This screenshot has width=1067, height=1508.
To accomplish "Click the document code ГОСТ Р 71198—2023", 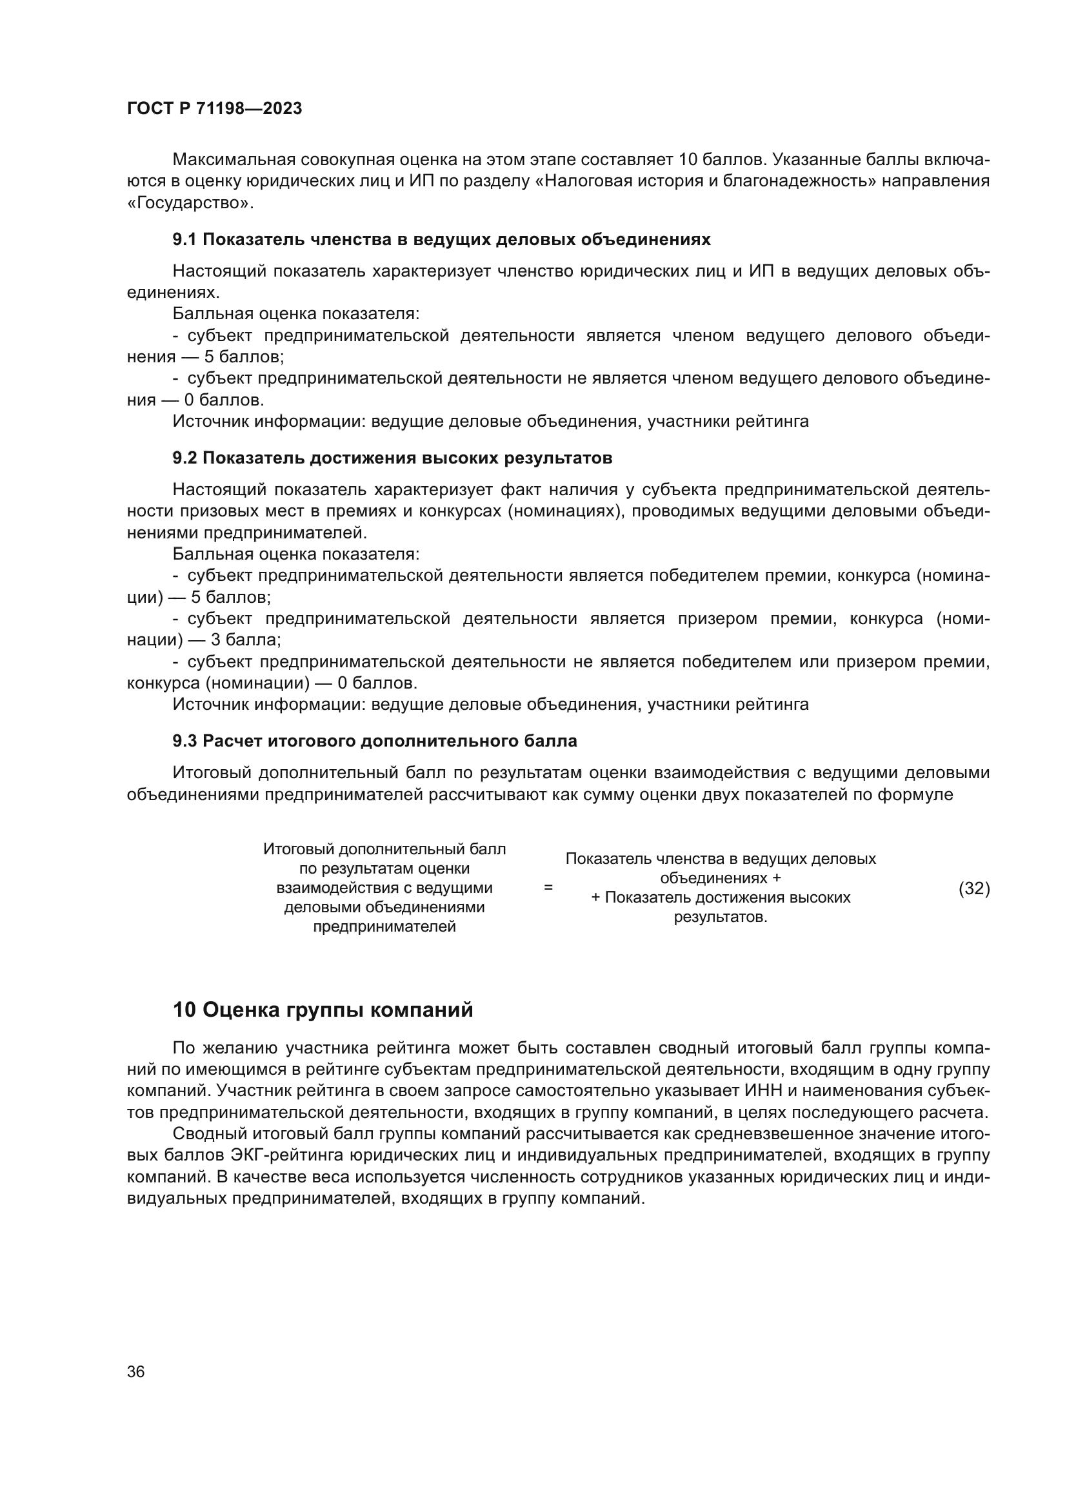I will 214,109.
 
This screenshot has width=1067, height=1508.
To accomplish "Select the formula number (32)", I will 973,888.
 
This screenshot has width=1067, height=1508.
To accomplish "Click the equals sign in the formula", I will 548,887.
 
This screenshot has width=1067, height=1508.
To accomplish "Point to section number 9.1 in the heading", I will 184,240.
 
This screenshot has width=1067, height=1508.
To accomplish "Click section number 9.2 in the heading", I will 184,458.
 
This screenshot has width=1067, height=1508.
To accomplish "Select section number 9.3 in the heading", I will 184,741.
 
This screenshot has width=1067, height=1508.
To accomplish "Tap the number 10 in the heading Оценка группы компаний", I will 184,1010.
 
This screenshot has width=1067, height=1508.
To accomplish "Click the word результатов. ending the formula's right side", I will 721,917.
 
